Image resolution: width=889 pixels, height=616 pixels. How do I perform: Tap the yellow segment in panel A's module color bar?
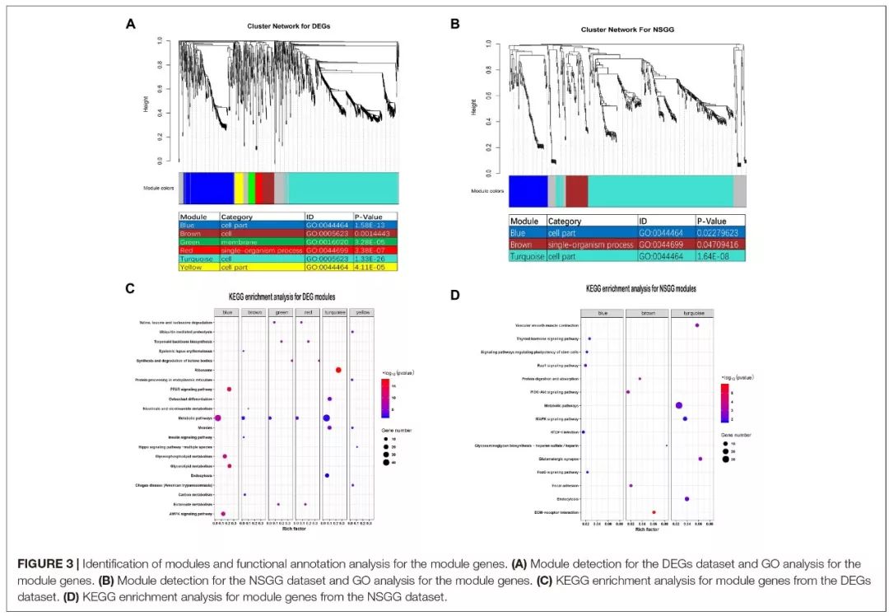pos(239,188)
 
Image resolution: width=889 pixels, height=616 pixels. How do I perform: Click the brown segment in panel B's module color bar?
pos(576,191)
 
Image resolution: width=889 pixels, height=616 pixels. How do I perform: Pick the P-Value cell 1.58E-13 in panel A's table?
pos(375,225)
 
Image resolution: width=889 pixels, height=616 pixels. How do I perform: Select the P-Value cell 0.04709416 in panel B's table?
pos(720,245)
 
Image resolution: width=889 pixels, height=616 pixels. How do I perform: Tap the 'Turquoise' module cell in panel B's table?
pos(527,256)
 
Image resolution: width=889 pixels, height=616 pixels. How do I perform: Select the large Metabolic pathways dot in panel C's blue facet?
pos(217,418)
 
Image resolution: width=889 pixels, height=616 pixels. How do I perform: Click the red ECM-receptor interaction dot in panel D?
pos(654,512)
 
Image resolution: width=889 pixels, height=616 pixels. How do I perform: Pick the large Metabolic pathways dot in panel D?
pos(679,405)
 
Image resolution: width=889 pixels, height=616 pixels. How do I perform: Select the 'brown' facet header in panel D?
pos(646,313)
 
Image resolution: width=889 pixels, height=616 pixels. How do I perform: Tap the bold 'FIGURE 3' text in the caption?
pos(45,563)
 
